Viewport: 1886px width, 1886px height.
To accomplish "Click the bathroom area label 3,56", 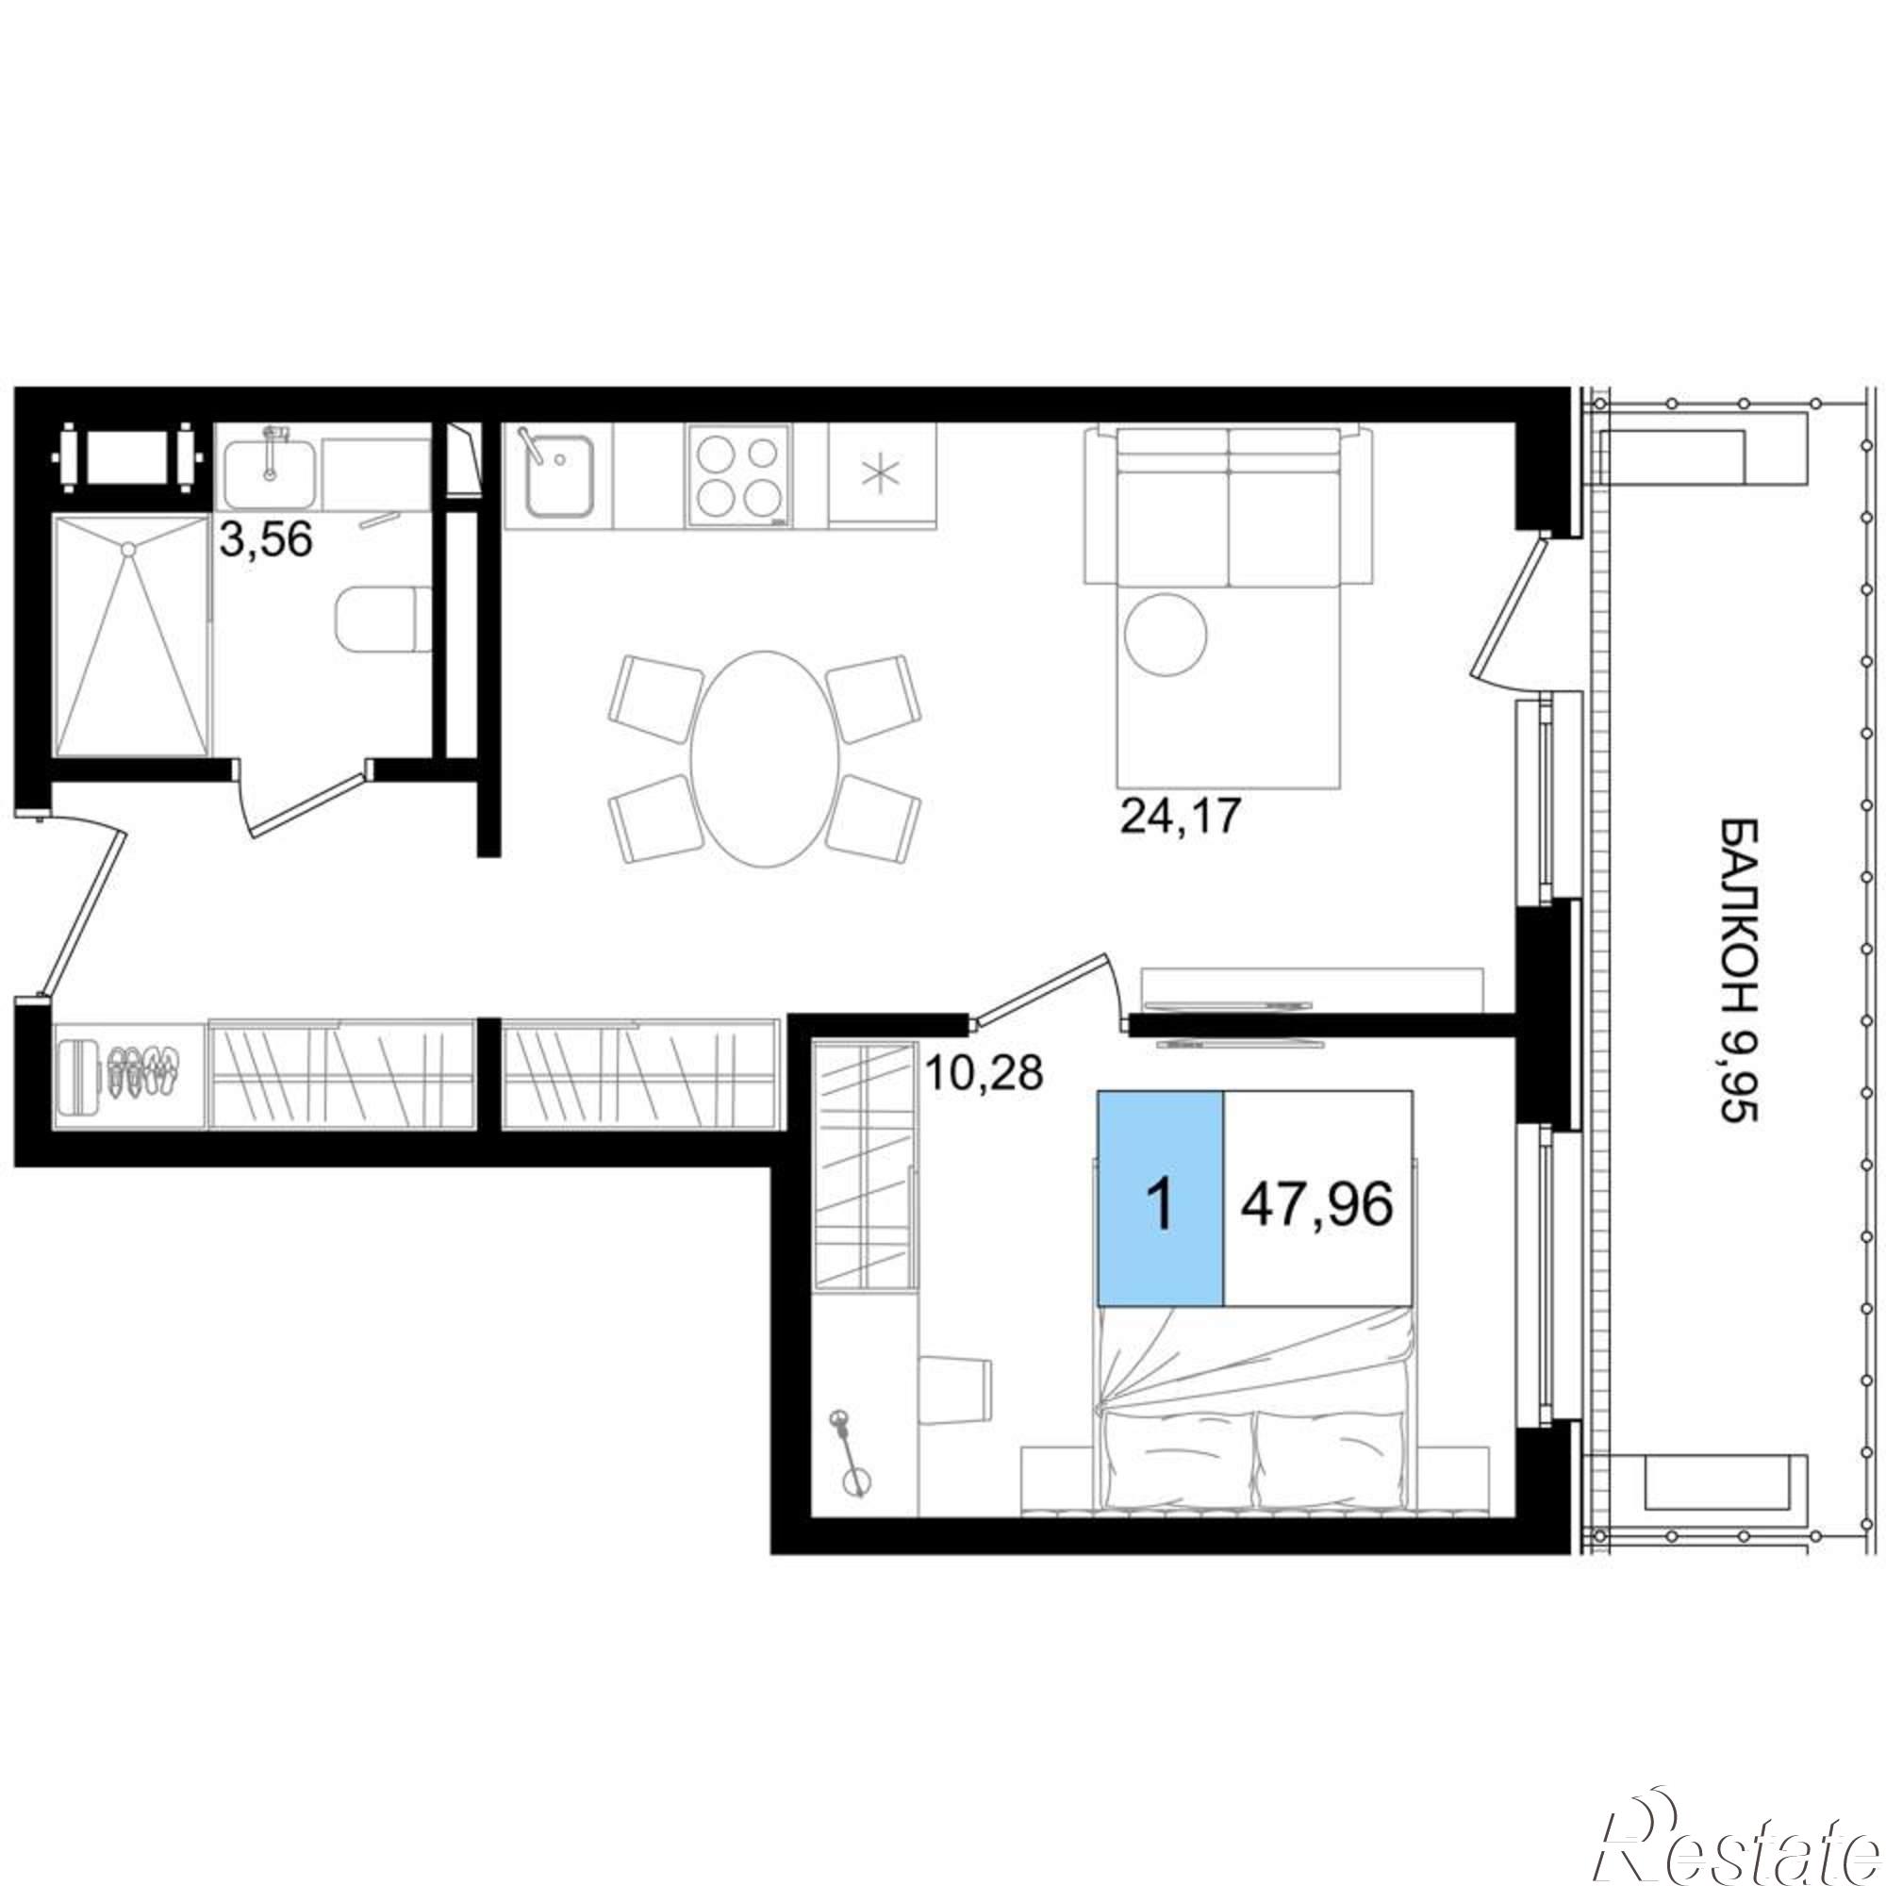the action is pos(266,538).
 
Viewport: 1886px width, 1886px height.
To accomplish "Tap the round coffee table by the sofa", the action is pos(1165,634).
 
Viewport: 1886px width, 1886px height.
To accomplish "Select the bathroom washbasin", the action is pos(270,471).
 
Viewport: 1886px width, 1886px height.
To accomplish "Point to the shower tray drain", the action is pos(127,550).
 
